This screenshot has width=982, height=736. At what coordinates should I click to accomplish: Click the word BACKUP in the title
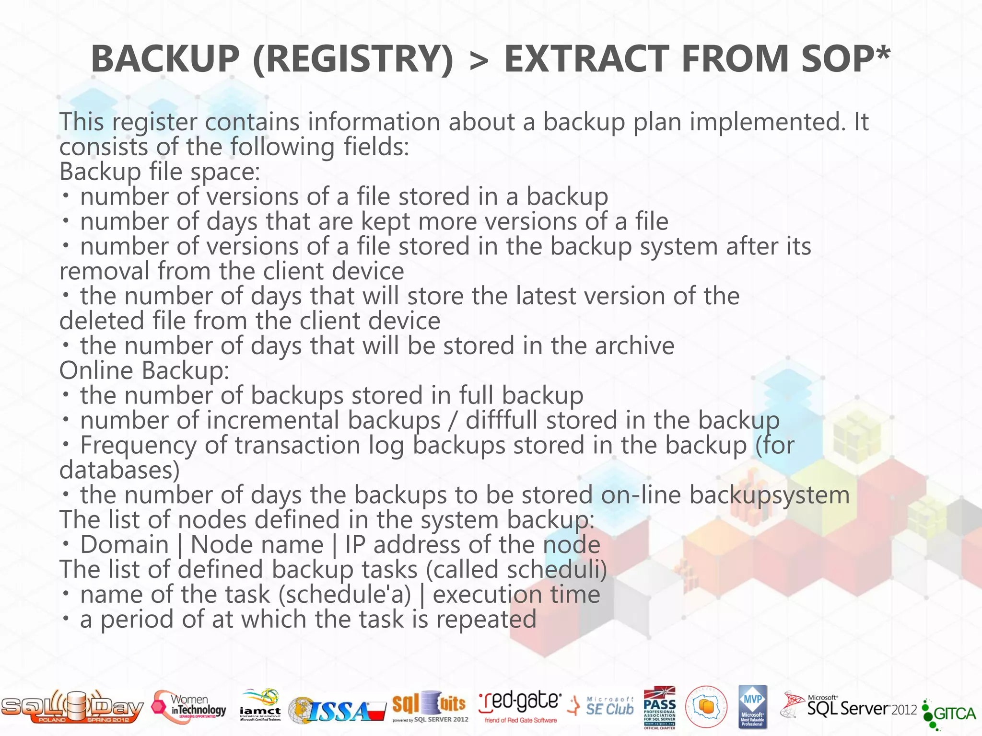coord(165,59)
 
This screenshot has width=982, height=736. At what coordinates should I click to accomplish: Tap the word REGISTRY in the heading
coord(353,59)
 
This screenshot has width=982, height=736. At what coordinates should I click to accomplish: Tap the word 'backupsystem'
coord(769,495)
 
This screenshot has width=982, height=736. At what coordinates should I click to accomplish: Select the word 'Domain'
coord(124,545)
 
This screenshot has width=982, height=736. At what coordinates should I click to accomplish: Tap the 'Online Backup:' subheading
coord(144,370)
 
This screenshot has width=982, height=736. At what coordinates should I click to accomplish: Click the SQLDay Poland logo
coord(72,707)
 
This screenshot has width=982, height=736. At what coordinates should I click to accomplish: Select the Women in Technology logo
coord(189,707)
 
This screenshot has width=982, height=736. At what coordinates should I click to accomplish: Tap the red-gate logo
coord(520,706)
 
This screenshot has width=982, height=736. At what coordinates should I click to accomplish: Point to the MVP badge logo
coord(752,707)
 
